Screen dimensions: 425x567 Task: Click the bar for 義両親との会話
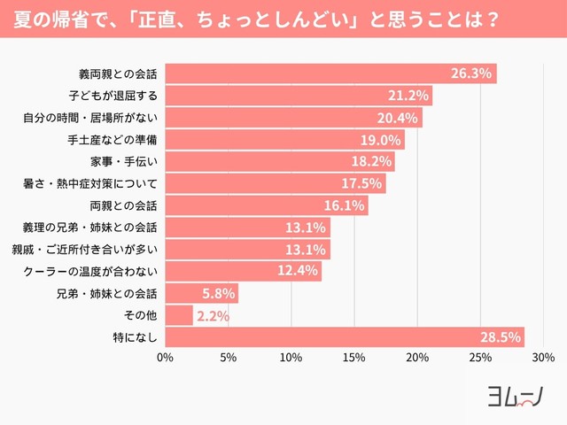330,73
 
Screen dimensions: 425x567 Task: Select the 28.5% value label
500,337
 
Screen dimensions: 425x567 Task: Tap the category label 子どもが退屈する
113,96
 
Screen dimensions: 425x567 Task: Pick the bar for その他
178,315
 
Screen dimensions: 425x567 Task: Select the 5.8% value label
216,293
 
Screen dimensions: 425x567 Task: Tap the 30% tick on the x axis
543,359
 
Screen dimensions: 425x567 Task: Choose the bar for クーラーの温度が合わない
243,271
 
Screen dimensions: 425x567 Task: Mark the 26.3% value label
471,73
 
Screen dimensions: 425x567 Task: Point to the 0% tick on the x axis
165,359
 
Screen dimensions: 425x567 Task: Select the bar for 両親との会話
266,205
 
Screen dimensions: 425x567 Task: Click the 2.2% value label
212,316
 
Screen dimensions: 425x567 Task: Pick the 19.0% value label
380,140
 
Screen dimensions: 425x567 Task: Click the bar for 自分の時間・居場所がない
292,118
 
